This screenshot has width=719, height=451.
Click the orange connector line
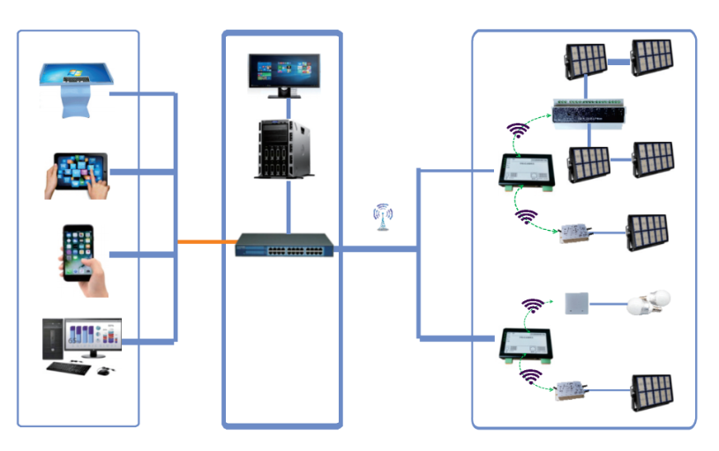tap(206, 241)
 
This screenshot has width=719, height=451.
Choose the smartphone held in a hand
tap(80, 254)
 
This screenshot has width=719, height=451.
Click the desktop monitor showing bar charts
tap(92, 338)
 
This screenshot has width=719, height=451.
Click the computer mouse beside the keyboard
tap(104, 369)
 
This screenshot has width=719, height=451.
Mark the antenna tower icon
tap(382, 217)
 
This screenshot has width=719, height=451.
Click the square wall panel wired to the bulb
tap(576, 304)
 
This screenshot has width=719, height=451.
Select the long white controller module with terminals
tap(590, 113)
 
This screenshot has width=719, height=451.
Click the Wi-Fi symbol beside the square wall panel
tap(533, 306)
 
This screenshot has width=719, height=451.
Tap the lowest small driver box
tap(572, 389)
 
